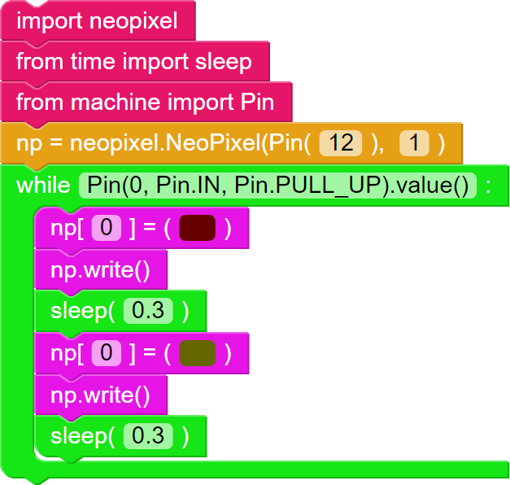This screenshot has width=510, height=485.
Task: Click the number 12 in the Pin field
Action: point(342,144)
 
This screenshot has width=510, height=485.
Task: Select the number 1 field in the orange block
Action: point(414,144)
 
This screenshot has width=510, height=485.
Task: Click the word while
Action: point(43,186)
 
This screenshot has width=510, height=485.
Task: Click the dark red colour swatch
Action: point(197,229)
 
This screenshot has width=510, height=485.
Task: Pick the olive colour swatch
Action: point(197,353)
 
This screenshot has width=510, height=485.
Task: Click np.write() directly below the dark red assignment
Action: point(100,270)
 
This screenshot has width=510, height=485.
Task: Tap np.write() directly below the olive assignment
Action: point(100,395)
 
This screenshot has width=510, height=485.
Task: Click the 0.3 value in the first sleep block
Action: point(148,312)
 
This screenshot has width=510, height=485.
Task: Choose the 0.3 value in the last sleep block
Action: point(148,436)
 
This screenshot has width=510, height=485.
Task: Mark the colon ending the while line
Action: point(488,186)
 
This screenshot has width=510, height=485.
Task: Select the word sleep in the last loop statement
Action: point(77,436)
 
